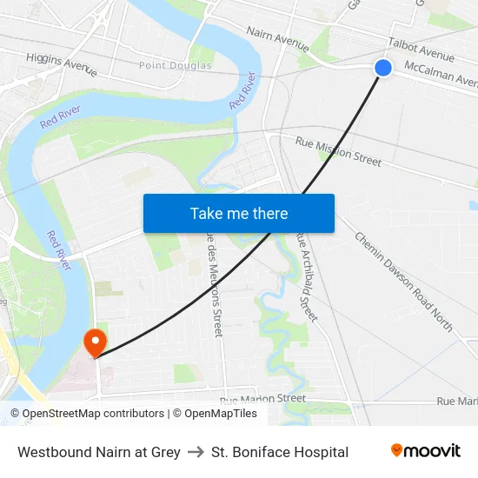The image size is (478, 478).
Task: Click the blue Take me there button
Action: point(238,213)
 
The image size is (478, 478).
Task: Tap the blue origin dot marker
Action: point(383,68)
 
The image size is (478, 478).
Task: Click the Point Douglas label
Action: point(176,65)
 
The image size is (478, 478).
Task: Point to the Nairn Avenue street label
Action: point(277,36)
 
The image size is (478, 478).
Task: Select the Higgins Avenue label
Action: point(61,63)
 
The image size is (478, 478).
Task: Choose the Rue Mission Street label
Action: point(338,151)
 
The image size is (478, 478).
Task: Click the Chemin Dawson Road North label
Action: point(403,281)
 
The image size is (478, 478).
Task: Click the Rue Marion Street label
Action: point(262,399)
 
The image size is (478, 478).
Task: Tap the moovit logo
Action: point(425,451)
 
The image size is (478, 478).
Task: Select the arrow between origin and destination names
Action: point(196,452)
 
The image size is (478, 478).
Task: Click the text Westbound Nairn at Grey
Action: point(99,452)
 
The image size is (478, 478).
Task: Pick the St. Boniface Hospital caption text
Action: point(280,452)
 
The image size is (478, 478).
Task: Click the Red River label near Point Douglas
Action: point(243,90)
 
